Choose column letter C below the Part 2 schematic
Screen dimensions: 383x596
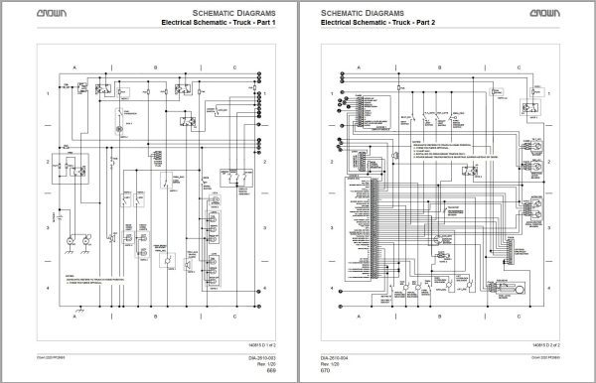click(x=534, y=316)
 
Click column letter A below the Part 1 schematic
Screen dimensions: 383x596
click(x=76, y=316)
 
